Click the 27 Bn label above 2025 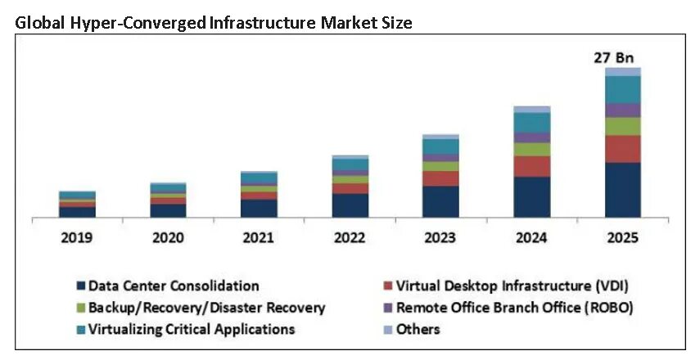[x=614, y=58]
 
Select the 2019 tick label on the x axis [x=77, y=238]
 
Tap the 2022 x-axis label [x=350, y=238]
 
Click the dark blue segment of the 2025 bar [x=623, y=190]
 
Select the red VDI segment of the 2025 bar [x=623, y=149]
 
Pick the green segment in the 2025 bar [x=623, y=126]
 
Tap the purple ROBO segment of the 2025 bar [x=623, y=110]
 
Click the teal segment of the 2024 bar [x=532, y=123]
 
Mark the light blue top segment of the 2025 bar [x=623, y=72]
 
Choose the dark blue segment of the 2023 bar [x=440, y=201]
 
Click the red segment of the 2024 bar [x=532, y=166]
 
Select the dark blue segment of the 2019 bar [x=77, y=212]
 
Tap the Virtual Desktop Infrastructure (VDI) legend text [x=512, y=286]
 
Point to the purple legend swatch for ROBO [x=388, y=308]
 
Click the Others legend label [x=418, y=329]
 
